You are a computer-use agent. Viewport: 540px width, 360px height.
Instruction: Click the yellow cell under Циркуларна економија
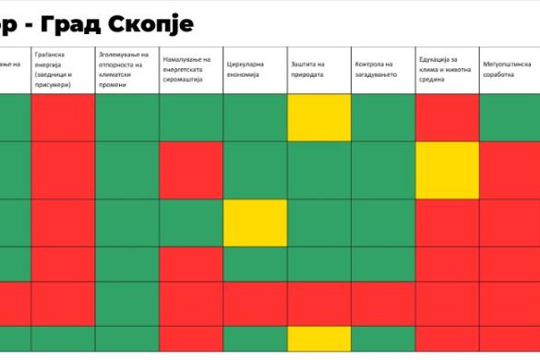pos(255,222)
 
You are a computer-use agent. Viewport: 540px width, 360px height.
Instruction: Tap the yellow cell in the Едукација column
pos(447,170)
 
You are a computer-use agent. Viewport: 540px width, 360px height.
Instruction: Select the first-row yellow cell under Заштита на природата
pos(318,117)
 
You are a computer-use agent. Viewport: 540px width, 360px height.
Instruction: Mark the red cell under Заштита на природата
pos(318,303)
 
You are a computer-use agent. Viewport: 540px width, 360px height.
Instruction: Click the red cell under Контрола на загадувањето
pos(382,303)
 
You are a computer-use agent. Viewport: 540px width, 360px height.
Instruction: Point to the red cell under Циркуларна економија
pos(255,303)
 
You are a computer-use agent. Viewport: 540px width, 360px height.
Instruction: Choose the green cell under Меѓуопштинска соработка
pos(509,117)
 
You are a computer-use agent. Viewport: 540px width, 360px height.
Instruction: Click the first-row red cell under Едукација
pos(447,117)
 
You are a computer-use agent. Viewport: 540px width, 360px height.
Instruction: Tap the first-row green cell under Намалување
pos(191,117)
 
